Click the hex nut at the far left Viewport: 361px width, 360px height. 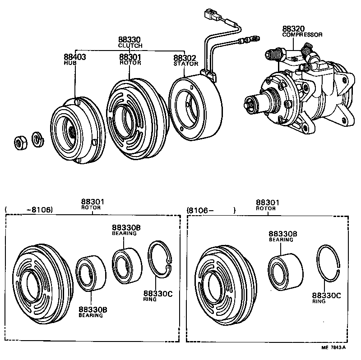tap(19, 143)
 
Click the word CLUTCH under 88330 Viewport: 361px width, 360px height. tap(130, 46)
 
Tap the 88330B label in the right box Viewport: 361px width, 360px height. tap(283, 234)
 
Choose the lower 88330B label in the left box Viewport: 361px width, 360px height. tap(93, 309)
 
